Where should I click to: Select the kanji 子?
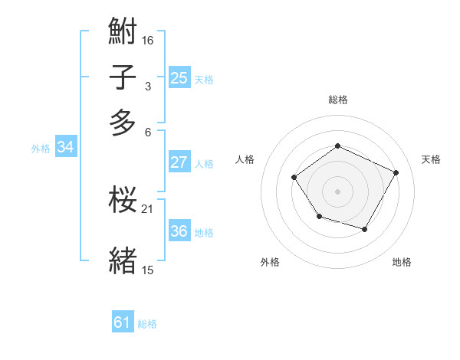123,78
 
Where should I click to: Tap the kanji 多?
123,123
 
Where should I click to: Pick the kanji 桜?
123,201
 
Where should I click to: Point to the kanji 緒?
123,260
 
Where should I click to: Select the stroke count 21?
148,208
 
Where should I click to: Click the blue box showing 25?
179,78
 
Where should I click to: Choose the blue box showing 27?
179,162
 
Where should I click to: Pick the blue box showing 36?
179,231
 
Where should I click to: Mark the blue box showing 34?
65,148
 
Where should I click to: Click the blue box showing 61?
123,322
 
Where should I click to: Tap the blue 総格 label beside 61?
147,324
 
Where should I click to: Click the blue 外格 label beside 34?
41,149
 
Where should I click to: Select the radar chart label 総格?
337,100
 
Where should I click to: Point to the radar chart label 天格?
431,159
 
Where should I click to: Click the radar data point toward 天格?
396,172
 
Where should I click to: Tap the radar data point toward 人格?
294,178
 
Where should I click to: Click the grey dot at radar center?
337,191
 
